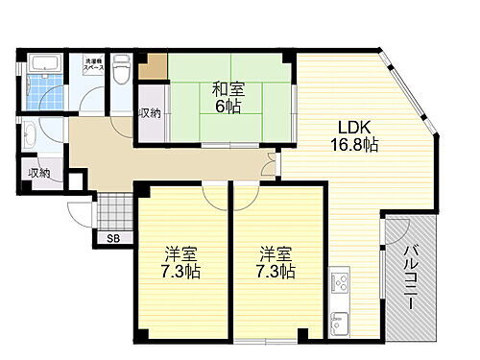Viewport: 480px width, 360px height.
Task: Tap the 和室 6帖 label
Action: [x=228, y=99]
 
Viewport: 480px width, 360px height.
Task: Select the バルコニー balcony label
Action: [x=408, y=276]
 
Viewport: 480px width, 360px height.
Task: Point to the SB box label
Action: [x=113, y=238]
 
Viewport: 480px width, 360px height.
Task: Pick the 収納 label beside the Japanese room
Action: [x=150, y=112]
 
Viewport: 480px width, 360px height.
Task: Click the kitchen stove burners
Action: [x=340, y=281]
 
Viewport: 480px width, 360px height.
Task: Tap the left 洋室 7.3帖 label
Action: [x=179, y=263]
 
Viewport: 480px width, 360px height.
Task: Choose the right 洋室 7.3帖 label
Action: [x=275, y=263]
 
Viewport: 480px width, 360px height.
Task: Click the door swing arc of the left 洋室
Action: [x=211, y=195]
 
